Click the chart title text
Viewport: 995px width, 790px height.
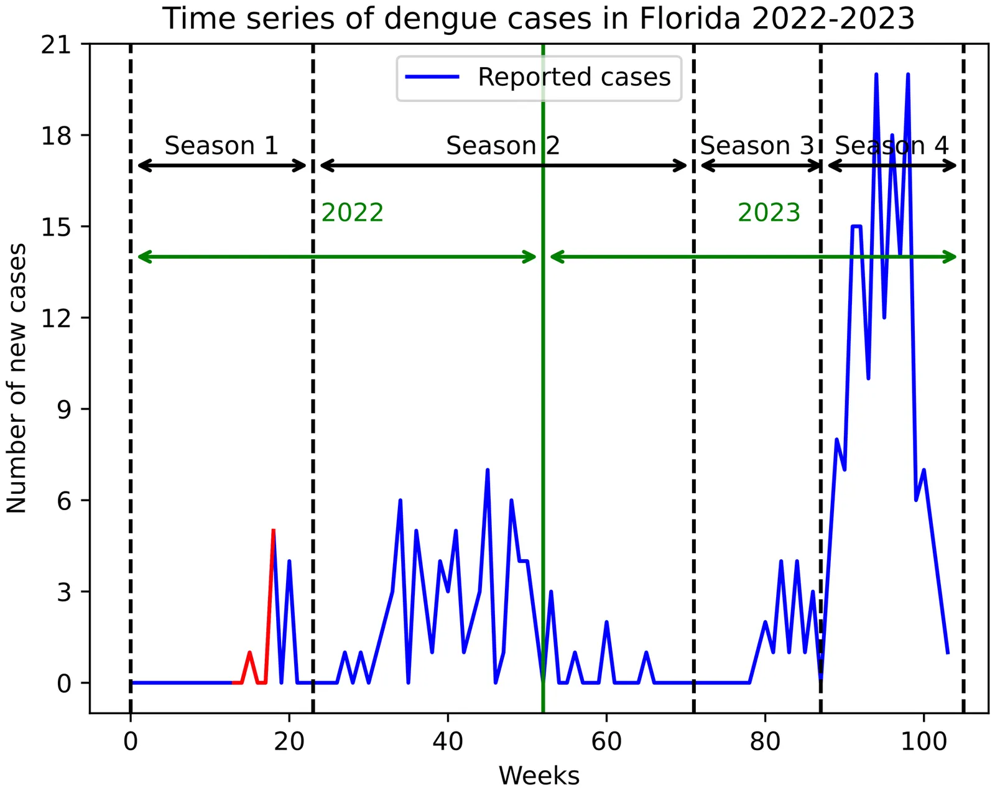pyautogui.click(x=538, y=19)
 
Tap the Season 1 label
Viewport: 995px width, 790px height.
pyautogui.click(x=221, y=146)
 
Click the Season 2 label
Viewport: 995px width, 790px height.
pyautogui.click(x=502, y=146)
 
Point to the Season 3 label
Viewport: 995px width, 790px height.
pyautogui.click(x=756, y=146)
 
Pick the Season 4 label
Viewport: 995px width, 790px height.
pyautogui.click(x=891, y=146)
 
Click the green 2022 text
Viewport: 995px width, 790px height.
pyautogui.click(x=352, y=213)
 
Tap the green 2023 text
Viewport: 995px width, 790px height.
pyautogui.click(x=769, y=213)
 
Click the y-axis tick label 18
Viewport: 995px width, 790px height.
pyautogui.click(x=57, y=136)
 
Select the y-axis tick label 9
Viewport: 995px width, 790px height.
pyautogui.click(x=65, y=409)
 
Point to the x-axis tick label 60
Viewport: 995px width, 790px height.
pyautogui.click(x=606, y=741)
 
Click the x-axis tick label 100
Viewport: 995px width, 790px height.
pyautogui.click(x=923, y=741)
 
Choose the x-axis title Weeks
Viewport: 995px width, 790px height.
pyautogui.click(x=539, y=776)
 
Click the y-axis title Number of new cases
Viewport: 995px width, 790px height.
pyautogui.click(x=17, y=378)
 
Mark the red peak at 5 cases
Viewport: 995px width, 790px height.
pyautogui.click(x=273, y=531)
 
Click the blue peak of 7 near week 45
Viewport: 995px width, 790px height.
pyautogui.click(x=488, y=470)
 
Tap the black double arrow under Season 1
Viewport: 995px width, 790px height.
pyautogui.click(x=222, y=166)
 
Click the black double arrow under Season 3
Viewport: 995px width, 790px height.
pyautogui.click(x=761, y=166)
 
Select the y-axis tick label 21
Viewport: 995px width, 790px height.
pyautogui.click(x=57, y=44)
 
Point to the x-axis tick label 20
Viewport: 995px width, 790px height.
pyautogui.click(x=289, y=741)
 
